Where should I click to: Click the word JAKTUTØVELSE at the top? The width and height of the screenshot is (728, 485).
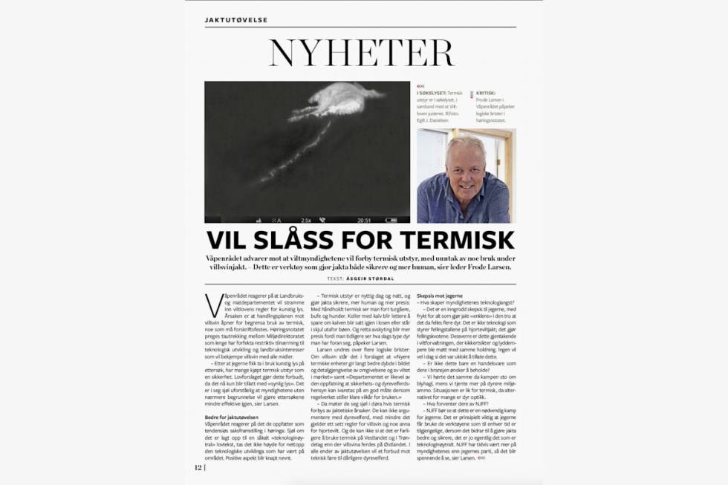pyautogui.click(x=236, y=20)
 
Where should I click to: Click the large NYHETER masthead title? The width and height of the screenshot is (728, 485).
pyautogui.click(x=360, y=53)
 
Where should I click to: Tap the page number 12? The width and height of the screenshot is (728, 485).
pyautogui.click(x=198, y=468)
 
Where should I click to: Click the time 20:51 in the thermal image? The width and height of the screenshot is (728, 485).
pyautogui.click(x=364, y=220)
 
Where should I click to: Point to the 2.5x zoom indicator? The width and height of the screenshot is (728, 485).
pyautogui.click(x=305, y=220)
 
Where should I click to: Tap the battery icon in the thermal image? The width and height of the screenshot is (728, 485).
pyautogui.click(x=259, y=220)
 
